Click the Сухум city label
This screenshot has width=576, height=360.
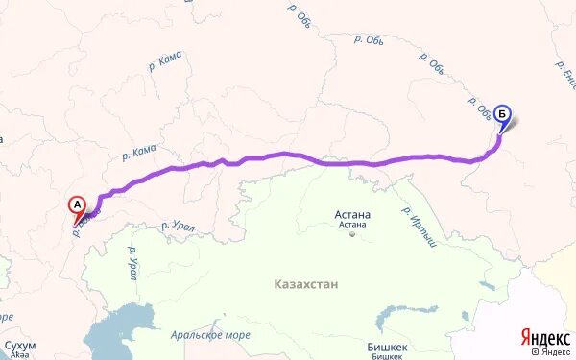[x=20, y=344]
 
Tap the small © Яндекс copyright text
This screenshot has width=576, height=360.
[x=559, y=352]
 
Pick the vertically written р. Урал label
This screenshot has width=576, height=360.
[x=131, y=261]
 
